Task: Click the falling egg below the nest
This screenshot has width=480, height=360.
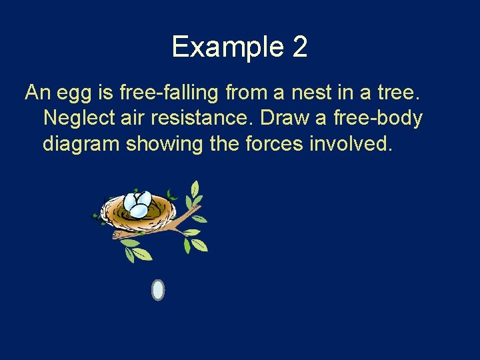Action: [x=158, y=290]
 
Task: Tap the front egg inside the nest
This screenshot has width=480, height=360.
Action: [x=139, y=211]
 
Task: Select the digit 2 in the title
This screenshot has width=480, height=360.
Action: [x=299, y=47]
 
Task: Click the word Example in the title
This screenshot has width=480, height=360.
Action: [x=227, y=47]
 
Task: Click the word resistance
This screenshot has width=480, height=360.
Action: [x=204, y=118]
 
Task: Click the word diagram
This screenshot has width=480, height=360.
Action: [x=81, y=143]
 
